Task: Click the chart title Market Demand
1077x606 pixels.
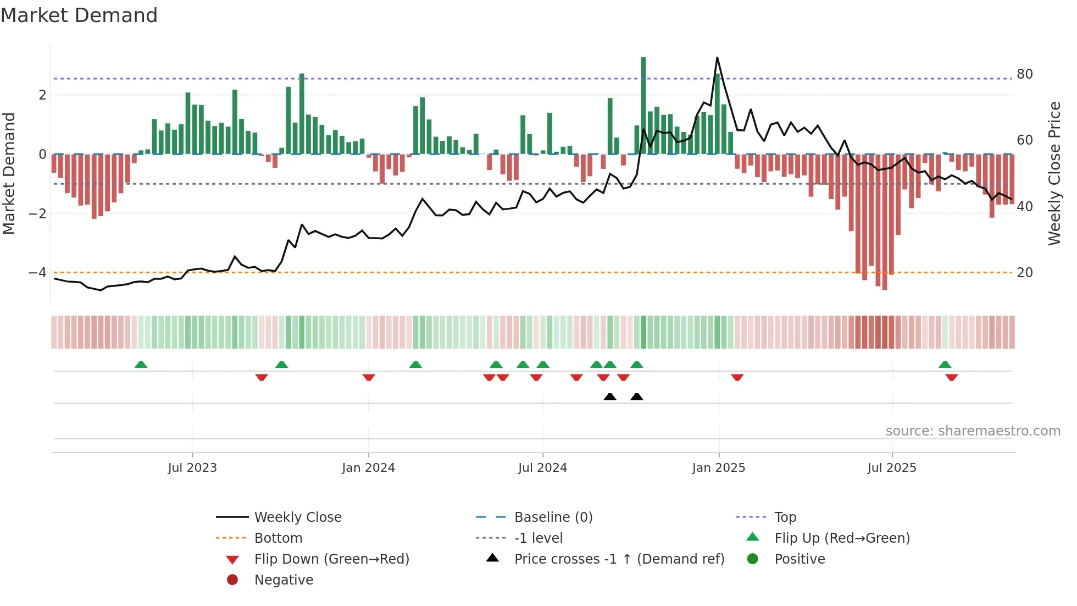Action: tap(79, 15)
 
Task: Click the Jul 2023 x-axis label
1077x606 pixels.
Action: tap(192, 468)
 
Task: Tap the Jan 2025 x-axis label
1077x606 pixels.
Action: tap(718, 468)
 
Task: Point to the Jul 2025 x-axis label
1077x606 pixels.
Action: tap(892, 468)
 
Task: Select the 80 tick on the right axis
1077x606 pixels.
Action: tap(1024, 74)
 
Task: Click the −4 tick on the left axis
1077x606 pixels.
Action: tap(37, 273)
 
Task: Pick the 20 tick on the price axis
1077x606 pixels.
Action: tap(1024, 273)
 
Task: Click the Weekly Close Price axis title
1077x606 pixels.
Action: tap(1054, 173)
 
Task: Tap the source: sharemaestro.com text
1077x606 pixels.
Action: tap(973, 431)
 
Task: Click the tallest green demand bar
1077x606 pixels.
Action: tap(643, 104)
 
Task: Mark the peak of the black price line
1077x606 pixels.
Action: tap(717, 58)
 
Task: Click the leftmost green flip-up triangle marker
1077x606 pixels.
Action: tap(141, 365)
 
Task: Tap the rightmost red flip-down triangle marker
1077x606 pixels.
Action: tap(952, 377)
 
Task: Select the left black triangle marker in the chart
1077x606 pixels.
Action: tap(610, 396)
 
